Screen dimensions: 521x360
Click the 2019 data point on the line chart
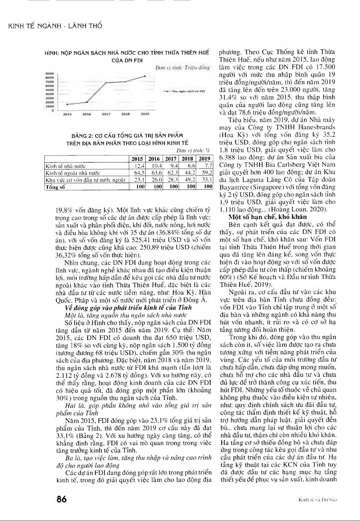[x=145, y=76]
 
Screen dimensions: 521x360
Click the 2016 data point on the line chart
[x=86, y=102]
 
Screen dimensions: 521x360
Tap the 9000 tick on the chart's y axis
[x=50, y=73]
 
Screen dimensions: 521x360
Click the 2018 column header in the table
[x=187, y=159]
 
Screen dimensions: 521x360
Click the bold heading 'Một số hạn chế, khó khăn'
[x=268, y=217]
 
